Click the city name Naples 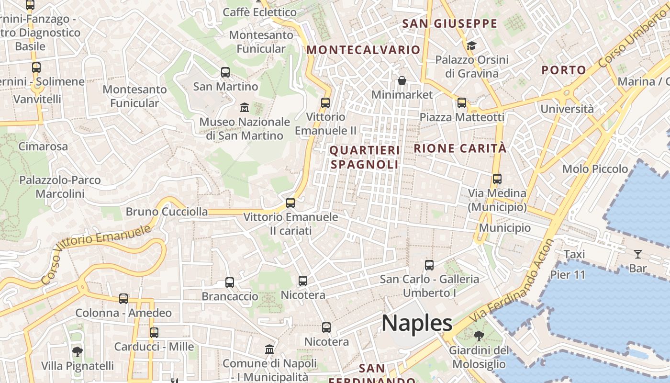point(417,324)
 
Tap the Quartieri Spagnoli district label point(364,158)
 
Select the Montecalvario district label point(363,50)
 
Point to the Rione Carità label point(460,148)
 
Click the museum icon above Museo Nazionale point(245,107)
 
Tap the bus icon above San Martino point(225,72)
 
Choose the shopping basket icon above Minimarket point(402,80)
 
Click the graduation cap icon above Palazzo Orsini point(472,45)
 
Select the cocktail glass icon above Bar point(638,254)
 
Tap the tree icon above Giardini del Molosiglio point(479,336)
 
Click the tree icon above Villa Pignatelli point(77,352)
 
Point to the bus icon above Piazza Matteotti point(462,102)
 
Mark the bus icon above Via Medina point(497,179)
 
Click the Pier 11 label point(568,275)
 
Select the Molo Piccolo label point(595,169)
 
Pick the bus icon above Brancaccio point(230,282)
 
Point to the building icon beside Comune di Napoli point(269,349)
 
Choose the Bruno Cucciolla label point(167,212)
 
